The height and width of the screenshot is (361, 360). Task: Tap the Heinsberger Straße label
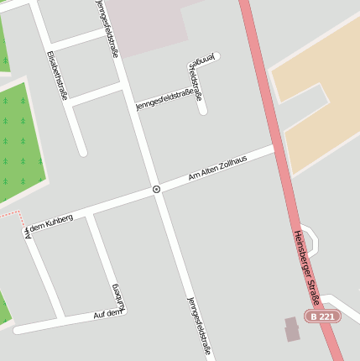pos(308,267)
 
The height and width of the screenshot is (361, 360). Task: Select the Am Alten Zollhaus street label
pos(217,168)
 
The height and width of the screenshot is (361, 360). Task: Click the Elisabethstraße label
pos(56,76)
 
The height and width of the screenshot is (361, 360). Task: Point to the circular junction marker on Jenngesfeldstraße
pos(157,190)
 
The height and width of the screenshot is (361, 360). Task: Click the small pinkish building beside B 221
pos(292,328)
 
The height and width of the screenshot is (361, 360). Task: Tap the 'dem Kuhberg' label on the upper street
pos(51,222)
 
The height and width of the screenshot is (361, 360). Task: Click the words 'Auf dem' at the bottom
pos(108,313)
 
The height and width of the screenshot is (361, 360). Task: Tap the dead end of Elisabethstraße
pos(82,152)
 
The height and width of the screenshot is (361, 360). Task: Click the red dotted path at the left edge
pos(10,215)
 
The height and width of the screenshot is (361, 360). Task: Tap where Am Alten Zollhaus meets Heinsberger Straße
pos(275,149)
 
